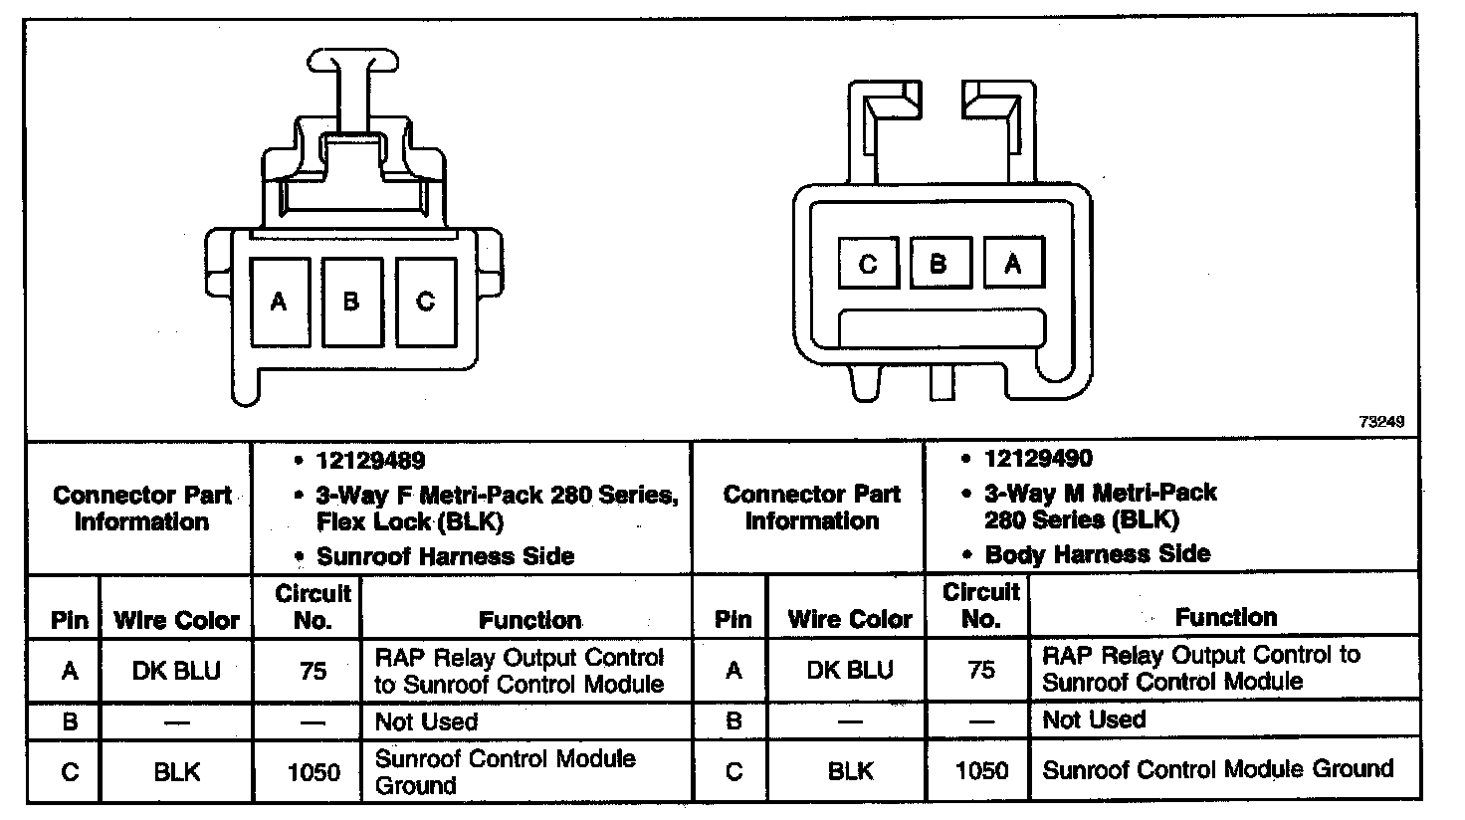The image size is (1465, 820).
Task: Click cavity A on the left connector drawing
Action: tap(280, 302)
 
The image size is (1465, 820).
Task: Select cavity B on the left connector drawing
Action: tap(351, 302)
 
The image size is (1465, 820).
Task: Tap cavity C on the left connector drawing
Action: tap(425, 302)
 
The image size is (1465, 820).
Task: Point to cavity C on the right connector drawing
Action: tap(868, 264)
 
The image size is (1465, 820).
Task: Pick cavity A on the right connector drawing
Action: tap(1013, 264)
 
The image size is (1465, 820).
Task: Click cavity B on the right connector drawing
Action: tap(940, 264)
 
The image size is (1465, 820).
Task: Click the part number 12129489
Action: tap(371, 461)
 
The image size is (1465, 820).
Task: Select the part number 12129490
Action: tap(1038, 459)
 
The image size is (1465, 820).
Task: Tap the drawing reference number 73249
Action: tap(1381, 422)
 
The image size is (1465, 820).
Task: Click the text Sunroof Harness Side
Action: tap(445, 555)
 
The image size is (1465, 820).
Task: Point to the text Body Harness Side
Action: tap(1097, 553)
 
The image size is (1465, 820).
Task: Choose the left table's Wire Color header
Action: tap(177, 621)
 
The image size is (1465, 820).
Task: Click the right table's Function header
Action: tap(1225, 617)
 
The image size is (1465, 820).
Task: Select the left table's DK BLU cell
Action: tap(177, 672)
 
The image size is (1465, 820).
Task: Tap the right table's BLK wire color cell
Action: tap(849, 770)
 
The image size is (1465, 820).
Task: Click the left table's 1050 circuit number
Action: tap(313, 772)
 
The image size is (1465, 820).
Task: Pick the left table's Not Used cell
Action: tap(426, 721)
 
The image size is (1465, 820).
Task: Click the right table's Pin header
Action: tap(732, 619)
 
